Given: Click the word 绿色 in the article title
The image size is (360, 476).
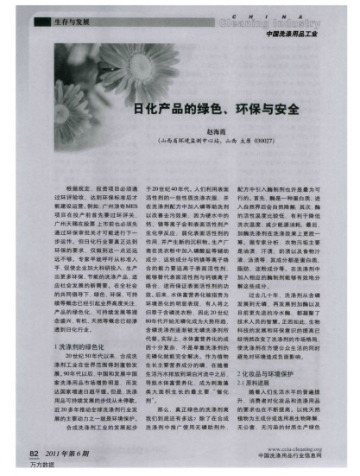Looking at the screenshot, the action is (184, 111).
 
